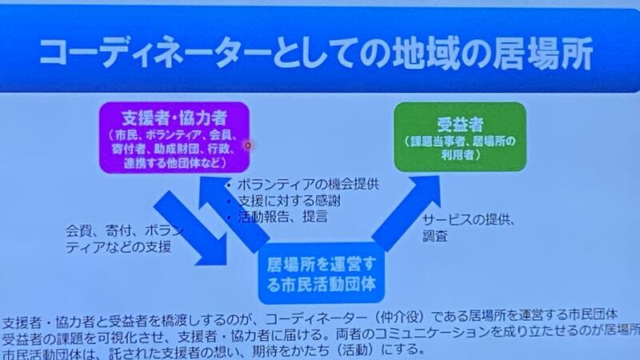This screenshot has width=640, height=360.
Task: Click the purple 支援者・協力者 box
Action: [174, 138]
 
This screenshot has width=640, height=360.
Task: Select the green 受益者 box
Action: [460, 136]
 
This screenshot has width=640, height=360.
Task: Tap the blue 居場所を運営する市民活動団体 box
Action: [322, 273]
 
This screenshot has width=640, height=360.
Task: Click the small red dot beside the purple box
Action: [248, 145]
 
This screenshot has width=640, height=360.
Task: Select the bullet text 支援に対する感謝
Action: [289, 201]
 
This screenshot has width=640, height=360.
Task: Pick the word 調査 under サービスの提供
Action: [435, 236]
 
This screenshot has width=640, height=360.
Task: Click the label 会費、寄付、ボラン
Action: [124, 231]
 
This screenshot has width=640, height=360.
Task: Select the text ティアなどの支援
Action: [118, 247]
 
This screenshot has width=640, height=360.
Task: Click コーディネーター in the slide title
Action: [155, 52]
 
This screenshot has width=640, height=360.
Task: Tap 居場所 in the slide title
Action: [543, 53]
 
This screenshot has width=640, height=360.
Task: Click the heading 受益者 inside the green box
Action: [460, 124]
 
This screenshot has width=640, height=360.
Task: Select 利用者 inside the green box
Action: [457, 155]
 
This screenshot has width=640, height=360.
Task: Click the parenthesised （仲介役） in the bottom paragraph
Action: [402, 315]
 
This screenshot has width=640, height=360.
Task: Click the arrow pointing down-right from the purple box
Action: [190, 228]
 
